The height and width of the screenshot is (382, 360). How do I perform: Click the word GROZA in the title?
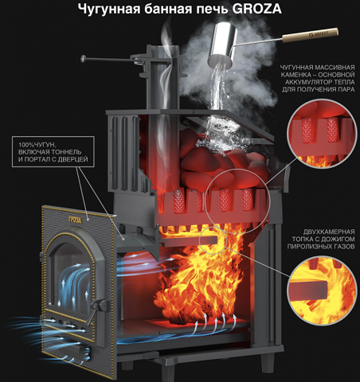256,9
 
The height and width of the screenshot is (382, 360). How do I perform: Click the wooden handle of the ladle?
310,35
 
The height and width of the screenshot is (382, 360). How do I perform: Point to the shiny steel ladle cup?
224,45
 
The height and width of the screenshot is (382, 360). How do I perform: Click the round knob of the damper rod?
84,58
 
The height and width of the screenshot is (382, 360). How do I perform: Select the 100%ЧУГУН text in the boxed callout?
37,145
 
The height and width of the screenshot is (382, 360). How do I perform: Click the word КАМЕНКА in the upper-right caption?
298,75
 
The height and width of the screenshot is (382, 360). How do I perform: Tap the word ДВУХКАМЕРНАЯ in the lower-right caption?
329,232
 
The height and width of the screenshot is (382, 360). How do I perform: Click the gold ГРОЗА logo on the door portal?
75,220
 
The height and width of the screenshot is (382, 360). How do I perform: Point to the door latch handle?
99,308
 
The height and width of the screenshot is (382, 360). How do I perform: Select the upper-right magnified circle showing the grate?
322,133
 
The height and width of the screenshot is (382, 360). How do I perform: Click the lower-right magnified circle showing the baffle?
322,290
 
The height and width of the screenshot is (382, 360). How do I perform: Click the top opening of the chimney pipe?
163,49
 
